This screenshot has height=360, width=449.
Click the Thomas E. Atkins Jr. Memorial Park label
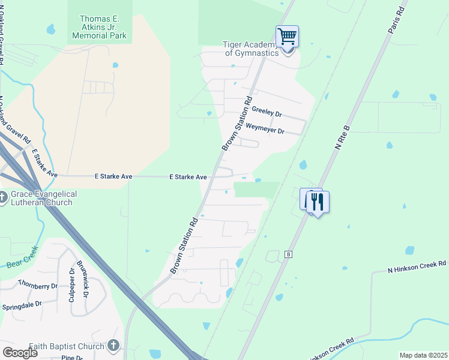pyautogui.click(x=100, y=28)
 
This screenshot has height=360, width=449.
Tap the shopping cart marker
pyautogui.click(x=287, y=37)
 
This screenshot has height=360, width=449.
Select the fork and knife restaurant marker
pyautogui.click(x=318, y=202)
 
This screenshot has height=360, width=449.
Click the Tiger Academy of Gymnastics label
pyautogui.click(x=252, y=49)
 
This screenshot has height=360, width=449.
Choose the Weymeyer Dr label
pyautogui.click(x=265, y=130)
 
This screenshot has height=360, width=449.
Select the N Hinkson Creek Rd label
pyautogui.click(x=417, y=263)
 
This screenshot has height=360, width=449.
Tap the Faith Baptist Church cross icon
pyautogui.click(x=113, y=346)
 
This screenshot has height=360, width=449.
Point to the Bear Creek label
pyautogui.click(x=22, y=257)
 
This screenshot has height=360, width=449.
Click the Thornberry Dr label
pyautogui.click(x=37, y=283)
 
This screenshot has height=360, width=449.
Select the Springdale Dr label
pyautogui.click(x=22, y=305)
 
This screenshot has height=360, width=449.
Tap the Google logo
pyautogui.click(x=20, y=353)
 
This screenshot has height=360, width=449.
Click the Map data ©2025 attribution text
pyautogui.click(x=423, y=355)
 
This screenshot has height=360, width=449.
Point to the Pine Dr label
pyautogui.click(x=71, y=358)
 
